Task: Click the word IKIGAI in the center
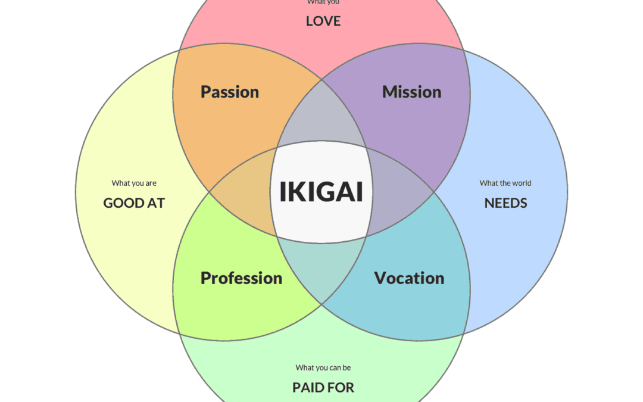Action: click(321, 192)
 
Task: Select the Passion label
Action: click(230, 92)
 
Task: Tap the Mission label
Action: click(411, 92)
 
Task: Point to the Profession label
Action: click(241, 278)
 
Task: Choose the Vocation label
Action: click(409, 278)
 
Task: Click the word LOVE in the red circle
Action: click(323, 21)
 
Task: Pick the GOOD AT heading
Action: click(134, 203)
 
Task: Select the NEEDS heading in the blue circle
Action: click(505, 203)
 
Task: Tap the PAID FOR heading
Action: click(323, 388)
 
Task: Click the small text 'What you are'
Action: click(134, 183)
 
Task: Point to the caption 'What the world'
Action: click(505, 183)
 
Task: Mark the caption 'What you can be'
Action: click(323, 368)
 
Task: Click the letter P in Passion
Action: click(205, 92)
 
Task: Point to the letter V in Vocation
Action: click(379, 278)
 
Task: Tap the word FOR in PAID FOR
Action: click(342, 388)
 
